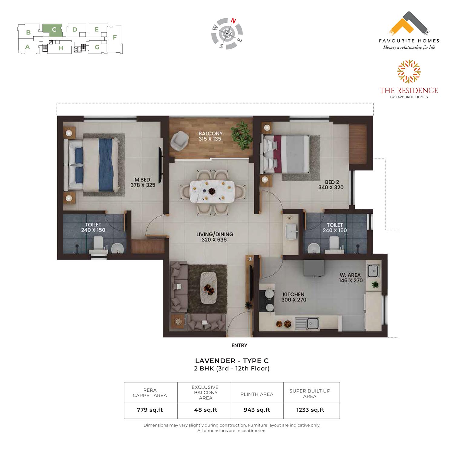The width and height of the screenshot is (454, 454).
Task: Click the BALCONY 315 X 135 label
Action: (x=210, y=136)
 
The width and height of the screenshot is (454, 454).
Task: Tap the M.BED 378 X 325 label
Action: (x=143, y=183)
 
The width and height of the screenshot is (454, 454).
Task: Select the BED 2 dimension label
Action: (x=331, y=185)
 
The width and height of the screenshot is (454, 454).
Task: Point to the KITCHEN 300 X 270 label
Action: (x=294, y=297)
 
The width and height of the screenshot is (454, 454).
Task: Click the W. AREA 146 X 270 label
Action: (x=350, y=278)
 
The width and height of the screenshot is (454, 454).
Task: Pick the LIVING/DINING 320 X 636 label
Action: (x=215, y=237)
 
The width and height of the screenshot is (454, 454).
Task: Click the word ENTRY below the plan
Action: (x=239, y=345)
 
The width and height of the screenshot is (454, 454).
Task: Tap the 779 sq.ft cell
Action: (x=150, y=410)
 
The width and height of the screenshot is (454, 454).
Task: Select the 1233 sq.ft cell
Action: (x=310, y=410)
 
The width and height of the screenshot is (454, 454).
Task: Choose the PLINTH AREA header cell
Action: (x=257, y=394)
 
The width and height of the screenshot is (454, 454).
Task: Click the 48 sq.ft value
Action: (x=206, y=410)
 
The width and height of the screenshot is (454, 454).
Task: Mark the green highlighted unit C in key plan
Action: (x=53, y=30)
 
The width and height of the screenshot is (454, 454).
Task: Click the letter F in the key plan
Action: (x=115, y=38)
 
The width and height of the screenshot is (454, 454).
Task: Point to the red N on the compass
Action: (x=233, y=21)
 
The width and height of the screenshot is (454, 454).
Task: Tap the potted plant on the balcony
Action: (x=242, y=135)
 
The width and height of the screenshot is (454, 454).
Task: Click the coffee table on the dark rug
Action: (x=209, y=288)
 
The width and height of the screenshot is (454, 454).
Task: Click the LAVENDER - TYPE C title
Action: (x=232, y=361)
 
